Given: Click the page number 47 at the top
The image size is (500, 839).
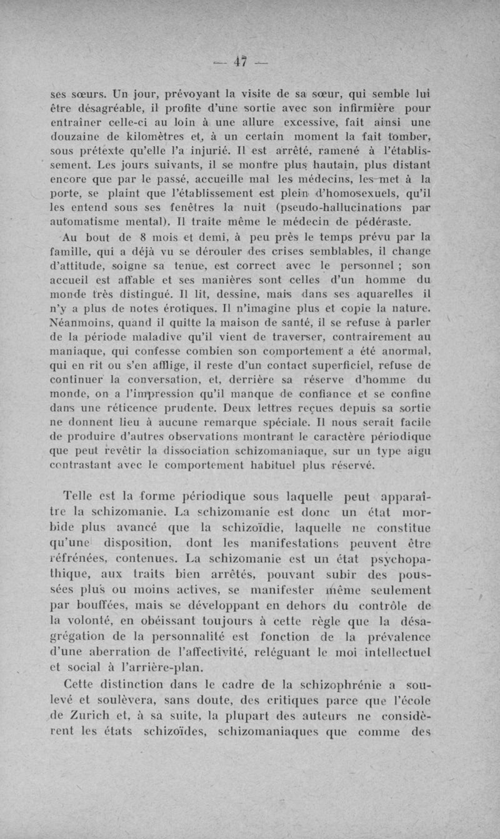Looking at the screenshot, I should click(x=240, y=61).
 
